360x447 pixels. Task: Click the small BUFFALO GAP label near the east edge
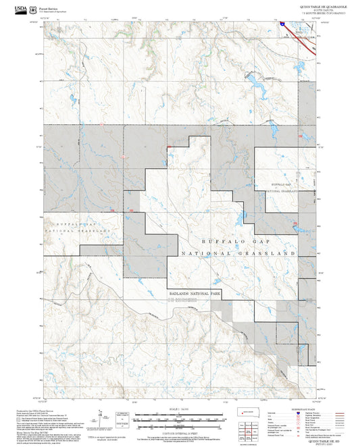pos(280,184)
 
